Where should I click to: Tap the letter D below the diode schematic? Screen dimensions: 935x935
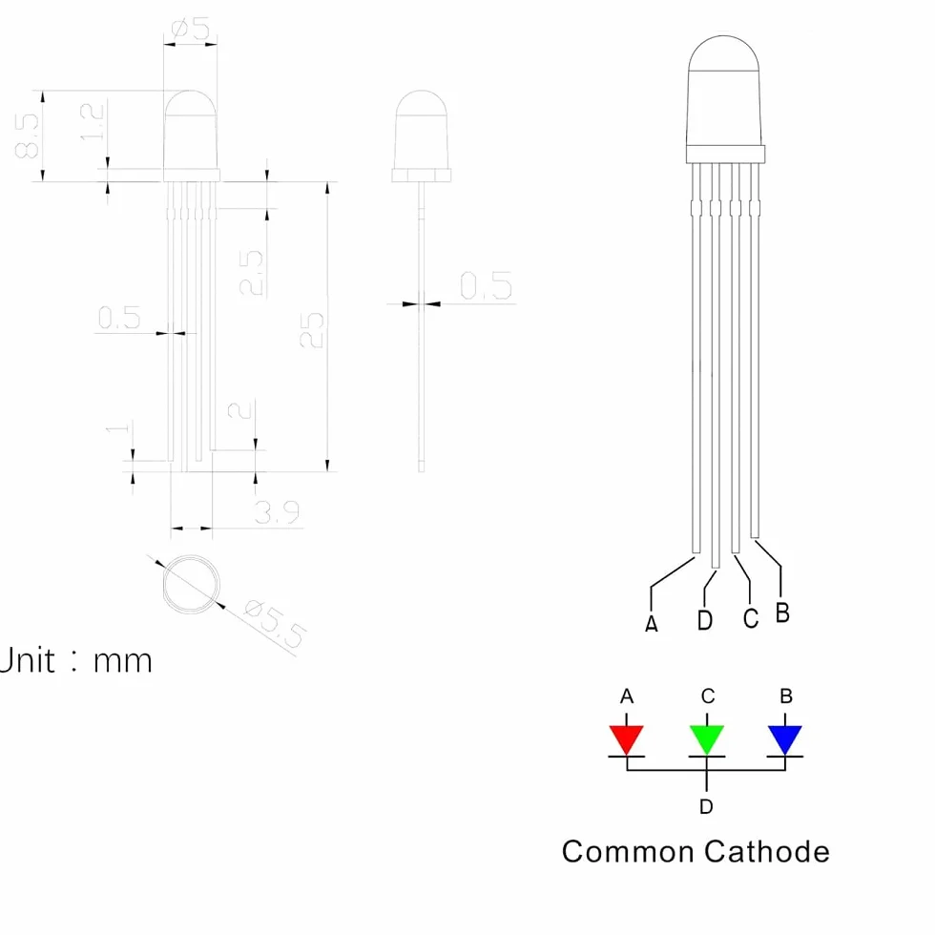tap(706, 807)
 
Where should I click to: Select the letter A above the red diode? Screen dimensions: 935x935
tap(626, 696)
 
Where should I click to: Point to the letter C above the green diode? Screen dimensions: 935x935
tap(708, 696)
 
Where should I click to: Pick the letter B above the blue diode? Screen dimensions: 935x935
tap(786, 696)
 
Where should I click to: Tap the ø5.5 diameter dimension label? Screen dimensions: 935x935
tap(275, 624)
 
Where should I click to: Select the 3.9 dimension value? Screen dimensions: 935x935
tap(277, 512)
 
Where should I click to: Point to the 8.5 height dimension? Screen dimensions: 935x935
tap(28, 135)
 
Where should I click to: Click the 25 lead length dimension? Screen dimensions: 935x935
tap(312, 330)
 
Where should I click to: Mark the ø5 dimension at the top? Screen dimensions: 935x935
tap(191, 29)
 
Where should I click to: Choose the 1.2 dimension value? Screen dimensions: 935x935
tap(93, 122)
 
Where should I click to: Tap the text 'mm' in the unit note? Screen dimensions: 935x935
tap(123, 661)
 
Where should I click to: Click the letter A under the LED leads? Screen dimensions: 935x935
tap(652, 624)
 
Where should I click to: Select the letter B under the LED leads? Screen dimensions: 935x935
tap(783, 613)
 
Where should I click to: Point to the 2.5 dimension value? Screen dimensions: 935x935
tap(252, 273)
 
